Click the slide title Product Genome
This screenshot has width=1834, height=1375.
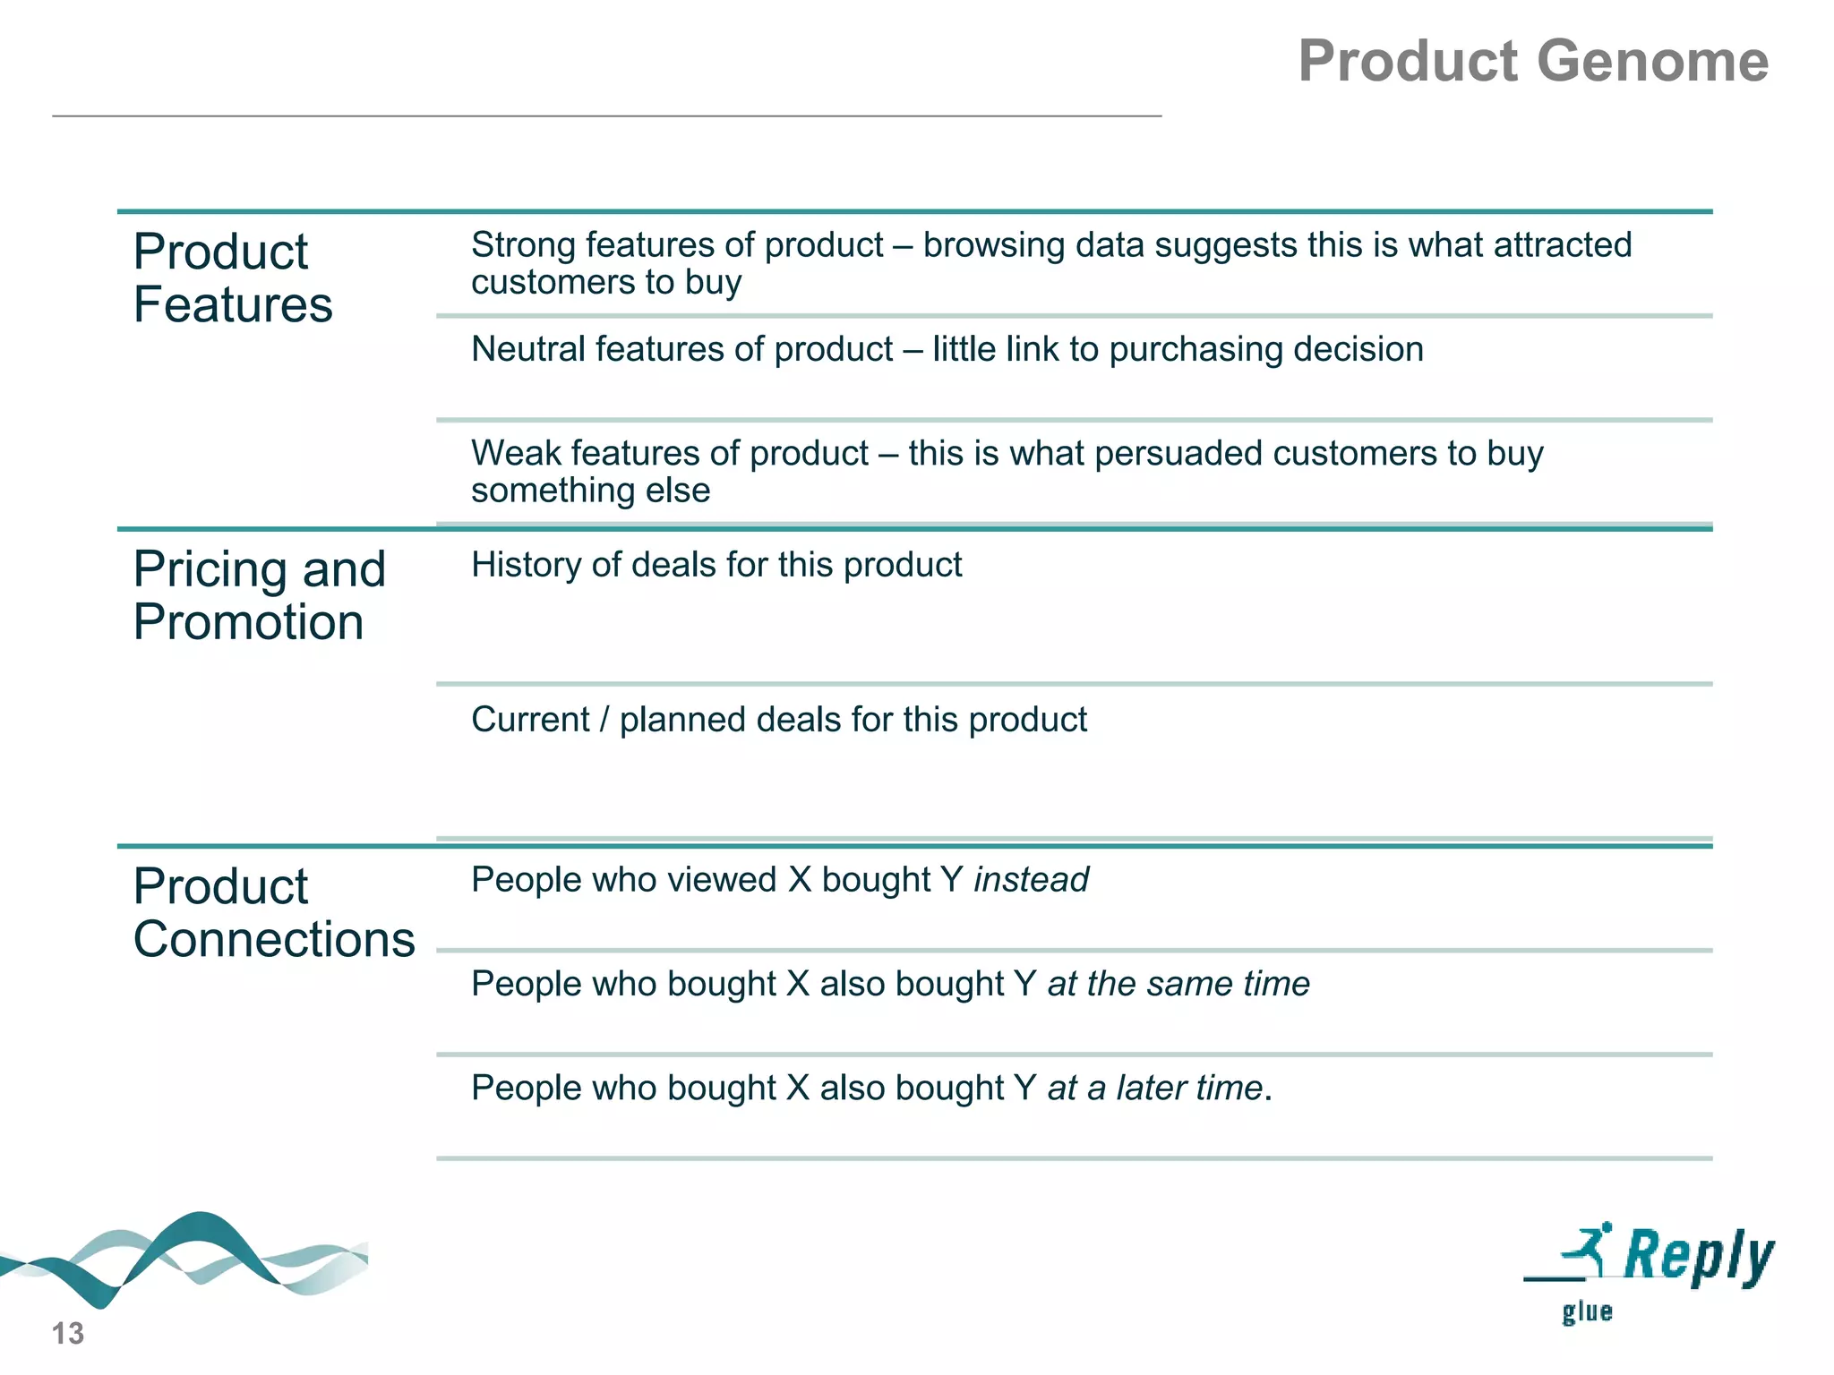1532,61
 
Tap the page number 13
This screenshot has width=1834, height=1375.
67,1333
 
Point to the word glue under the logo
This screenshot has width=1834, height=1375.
1587,1312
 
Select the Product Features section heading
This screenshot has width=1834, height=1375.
233,278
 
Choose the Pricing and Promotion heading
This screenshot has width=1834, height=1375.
259,595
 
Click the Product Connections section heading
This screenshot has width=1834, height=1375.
273,912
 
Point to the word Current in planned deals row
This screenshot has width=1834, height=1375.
530,720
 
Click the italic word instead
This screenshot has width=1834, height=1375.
1031,880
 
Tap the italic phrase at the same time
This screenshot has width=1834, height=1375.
1178,984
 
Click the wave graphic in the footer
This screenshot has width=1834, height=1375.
184,1258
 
